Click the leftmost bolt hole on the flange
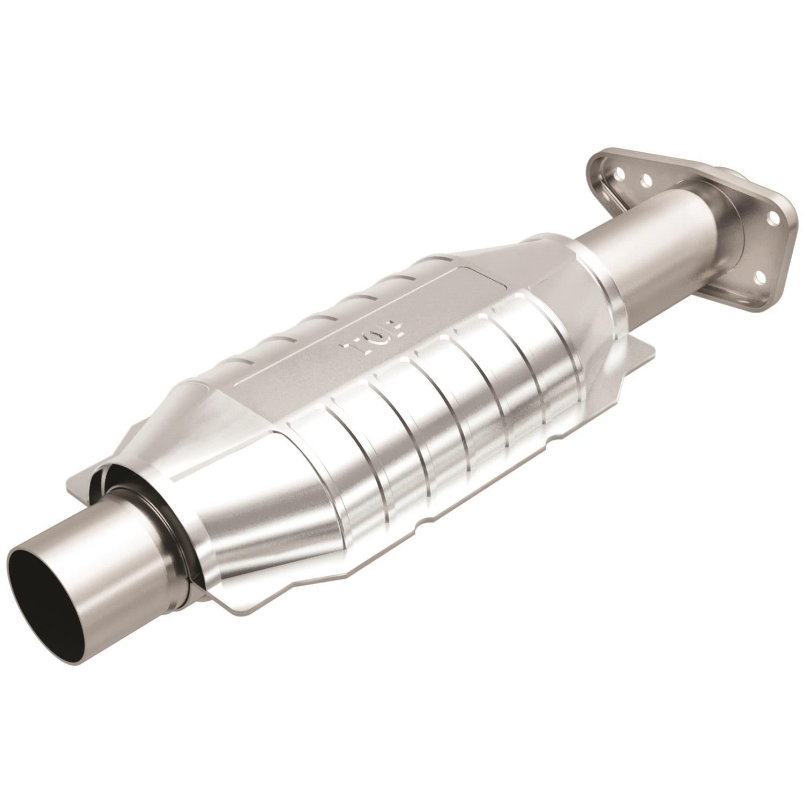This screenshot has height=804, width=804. (621, 173)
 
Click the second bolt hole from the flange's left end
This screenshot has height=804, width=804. (645, 180)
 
